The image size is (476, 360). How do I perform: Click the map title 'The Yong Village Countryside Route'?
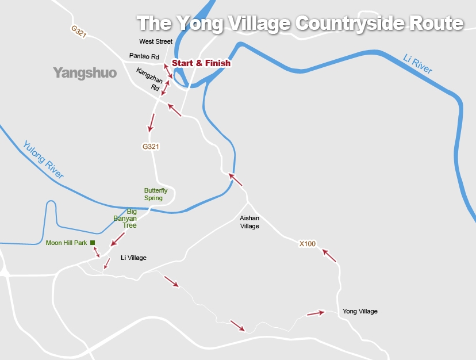(300, 24)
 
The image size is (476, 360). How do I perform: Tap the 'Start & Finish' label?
(201, 63)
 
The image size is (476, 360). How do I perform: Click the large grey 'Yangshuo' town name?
(85, 73)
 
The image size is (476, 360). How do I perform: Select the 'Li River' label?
(418, 63)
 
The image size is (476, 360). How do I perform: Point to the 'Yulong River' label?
(44, 160)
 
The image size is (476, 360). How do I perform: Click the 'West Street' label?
(156, 41)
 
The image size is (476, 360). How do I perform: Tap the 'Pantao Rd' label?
(144, 56)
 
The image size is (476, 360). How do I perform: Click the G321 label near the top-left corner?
(79, 32)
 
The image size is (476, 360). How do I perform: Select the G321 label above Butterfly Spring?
(151, 147)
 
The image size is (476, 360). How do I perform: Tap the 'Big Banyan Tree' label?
(126, 219)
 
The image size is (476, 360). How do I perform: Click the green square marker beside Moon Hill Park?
(93, 243)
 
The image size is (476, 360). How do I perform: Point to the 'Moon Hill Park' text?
(66, 243)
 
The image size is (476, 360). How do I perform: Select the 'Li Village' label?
(133, 258)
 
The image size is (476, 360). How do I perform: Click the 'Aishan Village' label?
(249, 222)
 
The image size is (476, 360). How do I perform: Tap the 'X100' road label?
(308, 244)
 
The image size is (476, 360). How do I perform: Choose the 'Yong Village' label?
(360, 311)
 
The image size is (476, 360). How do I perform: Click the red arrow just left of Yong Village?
(316, 313)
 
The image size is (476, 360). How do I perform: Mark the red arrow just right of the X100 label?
(329, 255)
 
